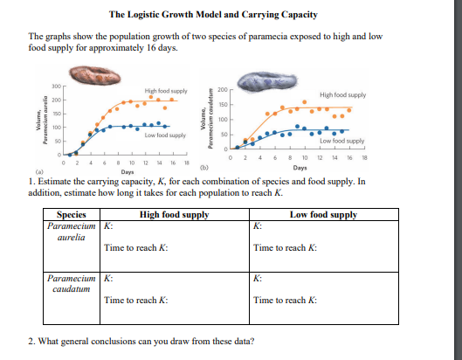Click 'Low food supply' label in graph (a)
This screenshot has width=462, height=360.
(163, 135)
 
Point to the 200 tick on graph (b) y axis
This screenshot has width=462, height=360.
(222, 91)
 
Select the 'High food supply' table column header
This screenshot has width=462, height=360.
(175, 214)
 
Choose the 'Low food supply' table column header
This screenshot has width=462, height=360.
(322, 214)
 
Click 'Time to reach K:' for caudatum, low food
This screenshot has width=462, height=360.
(283, 301)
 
